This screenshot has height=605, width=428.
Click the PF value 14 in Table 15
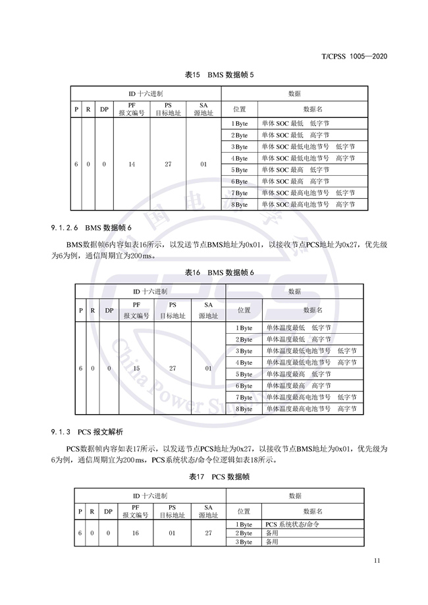click(x=132, y=164)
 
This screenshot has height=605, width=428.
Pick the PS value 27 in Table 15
click(x=168, y=164)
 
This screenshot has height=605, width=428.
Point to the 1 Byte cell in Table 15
click(x=240, y=123)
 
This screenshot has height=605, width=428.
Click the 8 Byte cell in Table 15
click(x=240, y=205)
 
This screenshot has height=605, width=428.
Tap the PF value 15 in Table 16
click(x=136, y=368)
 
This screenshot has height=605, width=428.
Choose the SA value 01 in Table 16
click(x=208, y=368)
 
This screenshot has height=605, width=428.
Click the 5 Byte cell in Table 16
click(x=244, y=374)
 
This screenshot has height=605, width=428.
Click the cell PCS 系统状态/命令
click(x=292, y=524)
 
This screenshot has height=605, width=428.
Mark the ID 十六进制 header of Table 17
click(x=149, y=495)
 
